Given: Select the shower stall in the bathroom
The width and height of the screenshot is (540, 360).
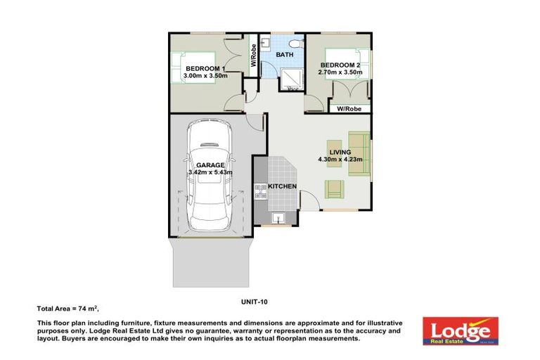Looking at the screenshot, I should (290, 79).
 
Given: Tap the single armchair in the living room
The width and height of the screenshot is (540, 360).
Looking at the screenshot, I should (335, 189).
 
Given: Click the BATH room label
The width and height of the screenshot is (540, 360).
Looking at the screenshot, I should (284, 55).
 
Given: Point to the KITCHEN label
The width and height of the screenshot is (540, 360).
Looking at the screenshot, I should (282, 186).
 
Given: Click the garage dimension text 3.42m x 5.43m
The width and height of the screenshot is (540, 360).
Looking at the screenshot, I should (210, 172).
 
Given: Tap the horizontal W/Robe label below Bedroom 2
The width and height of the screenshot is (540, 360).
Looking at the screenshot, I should (349, 109).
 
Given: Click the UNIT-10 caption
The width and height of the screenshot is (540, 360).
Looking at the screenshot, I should (254, 302).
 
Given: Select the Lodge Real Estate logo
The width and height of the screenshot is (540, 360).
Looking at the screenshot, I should (460, 330).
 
